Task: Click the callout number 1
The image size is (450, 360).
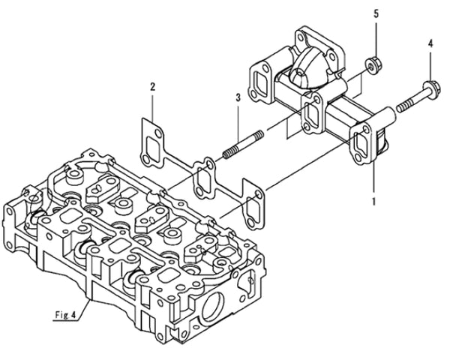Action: coord(373,201)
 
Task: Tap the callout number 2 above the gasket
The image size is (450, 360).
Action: coord(152,87)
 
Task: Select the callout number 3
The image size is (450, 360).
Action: coord(237,97)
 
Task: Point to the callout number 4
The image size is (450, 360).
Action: coord(430,44)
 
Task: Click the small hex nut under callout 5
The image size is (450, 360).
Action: coord(371,64)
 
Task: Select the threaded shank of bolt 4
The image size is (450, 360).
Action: coord(405,95)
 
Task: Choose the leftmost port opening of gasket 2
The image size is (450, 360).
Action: coord(153,142)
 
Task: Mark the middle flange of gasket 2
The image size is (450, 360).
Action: coord(203,175)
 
